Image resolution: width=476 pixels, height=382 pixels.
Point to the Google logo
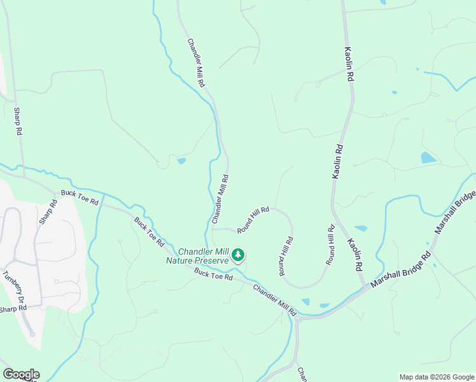[x=20, y=374]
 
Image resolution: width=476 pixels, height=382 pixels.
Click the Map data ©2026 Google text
[x=436, y=377]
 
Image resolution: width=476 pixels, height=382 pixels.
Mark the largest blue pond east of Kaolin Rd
[x=428, y=157]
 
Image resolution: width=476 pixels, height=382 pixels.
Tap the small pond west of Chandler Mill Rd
[x=181, y=161]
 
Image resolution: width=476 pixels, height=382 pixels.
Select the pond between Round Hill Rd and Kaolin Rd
[x=361, y=228]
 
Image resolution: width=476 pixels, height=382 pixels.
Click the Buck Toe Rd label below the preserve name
[x=214, y=274]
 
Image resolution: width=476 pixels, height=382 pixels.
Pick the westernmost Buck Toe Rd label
[x=80, y=197]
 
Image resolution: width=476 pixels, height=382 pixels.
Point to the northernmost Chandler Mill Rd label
[x=196, y=63]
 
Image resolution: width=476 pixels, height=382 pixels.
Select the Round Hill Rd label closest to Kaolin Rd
[x=330, y=244]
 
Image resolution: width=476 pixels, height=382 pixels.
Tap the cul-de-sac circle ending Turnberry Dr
[x=32, y=334]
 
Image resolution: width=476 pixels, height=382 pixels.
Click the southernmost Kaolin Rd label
[x=354, y=253]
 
